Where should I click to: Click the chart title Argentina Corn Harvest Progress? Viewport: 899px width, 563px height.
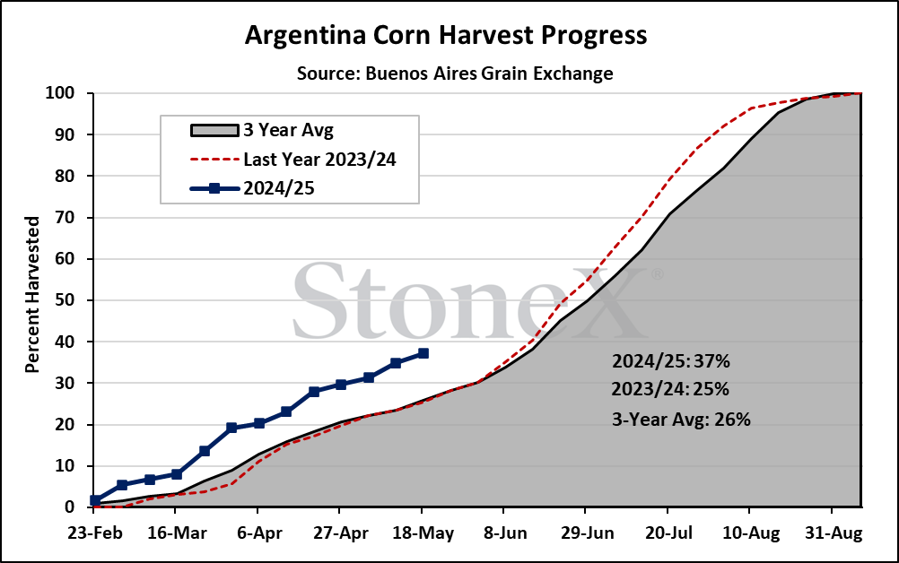point(446,36)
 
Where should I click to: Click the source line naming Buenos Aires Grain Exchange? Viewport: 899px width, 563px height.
point(455,74)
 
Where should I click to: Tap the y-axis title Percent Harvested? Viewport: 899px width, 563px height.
point(32,294)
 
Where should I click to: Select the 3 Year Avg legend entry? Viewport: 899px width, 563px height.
point(262,130)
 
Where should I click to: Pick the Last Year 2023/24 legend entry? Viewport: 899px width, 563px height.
point(293,160)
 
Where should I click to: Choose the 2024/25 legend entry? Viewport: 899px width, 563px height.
point(252,188)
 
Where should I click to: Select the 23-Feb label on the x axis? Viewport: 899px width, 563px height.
point(95,533)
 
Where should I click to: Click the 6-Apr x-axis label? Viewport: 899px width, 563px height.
point(259,533)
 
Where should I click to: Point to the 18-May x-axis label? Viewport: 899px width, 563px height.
point(423,533)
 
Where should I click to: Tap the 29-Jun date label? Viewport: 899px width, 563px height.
point(587,533)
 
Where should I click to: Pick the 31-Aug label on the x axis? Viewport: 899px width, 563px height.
point(834,533)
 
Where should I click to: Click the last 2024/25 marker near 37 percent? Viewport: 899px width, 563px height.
point(423,353)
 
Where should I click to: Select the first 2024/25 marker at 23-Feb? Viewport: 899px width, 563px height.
point(95,500)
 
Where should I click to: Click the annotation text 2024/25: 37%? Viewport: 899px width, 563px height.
point(671,360)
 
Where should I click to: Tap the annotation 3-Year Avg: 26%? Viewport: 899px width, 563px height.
point(681,420)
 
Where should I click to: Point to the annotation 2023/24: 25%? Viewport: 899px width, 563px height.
point(670,389)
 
